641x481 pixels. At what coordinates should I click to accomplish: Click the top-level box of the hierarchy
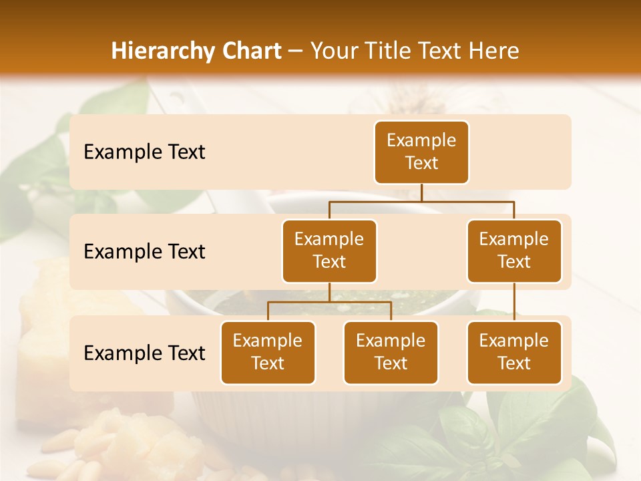tap(421, 152)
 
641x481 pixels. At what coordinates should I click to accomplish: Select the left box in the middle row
tap(329, 251)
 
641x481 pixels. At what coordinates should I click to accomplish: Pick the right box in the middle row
tap(514, 251)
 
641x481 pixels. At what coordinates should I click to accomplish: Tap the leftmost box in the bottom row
tap(268, 352)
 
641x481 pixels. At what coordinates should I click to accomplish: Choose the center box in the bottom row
tap(391, 352)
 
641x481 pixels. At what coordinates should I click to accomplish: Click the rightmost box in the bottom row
tap(514, 352)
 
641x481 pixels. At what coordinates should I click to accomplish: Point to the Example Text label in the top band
tap(144, 152)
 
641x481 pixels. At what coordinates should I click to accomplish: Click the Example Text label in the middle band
tap(144, 251)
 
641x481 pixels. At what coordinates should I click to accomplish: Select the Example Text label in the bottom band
tap(144, 353)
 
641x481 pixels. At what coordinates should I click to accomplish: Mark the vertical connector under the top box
tap(421, 192)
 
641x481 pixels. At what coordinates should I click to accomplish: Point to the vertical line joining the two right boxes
tap(514, 301)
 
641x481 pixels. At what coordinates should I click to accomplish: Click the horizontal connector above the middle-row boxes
tap(421, 201)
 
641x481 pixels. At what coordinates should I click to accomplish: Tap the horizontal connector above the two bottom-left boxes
tap(329, 302)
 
